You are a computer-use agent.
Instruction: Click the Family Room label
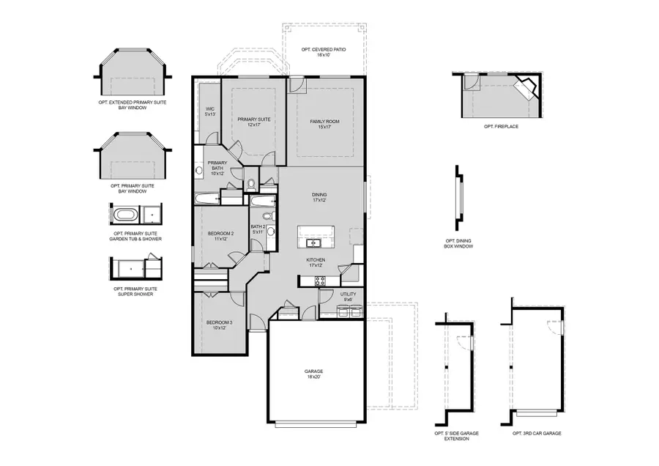[325, 124]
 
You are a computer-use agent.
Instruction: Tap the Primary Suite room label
[254, 122]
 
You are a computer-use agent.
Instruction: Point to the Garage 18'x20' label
[313, 374]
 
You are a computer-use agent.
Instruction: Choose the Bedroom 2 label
[221, 236]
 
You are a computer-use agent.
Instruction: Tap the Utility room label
[347, 296]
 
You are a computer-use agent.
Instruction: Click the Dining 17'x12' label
[319, 197]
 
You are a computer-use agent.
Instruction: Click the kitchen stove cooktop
[320, 280]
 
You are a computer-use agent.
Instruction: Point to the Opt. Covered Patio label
[323, 52]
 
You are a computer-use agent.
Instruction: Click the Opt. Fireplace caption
[501, 127]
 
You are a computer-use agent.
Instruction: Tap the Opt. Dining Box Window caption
[459, 243]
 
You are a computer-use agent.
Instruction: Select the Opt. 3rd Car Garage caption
[537, 434]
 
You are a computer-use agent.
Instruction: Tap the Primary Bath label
[217, 168]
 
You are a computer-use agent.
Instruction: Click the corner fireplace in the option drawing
[526, 90]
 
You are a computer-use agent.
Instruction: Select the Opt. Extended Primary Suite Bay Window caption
[133, 105]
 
